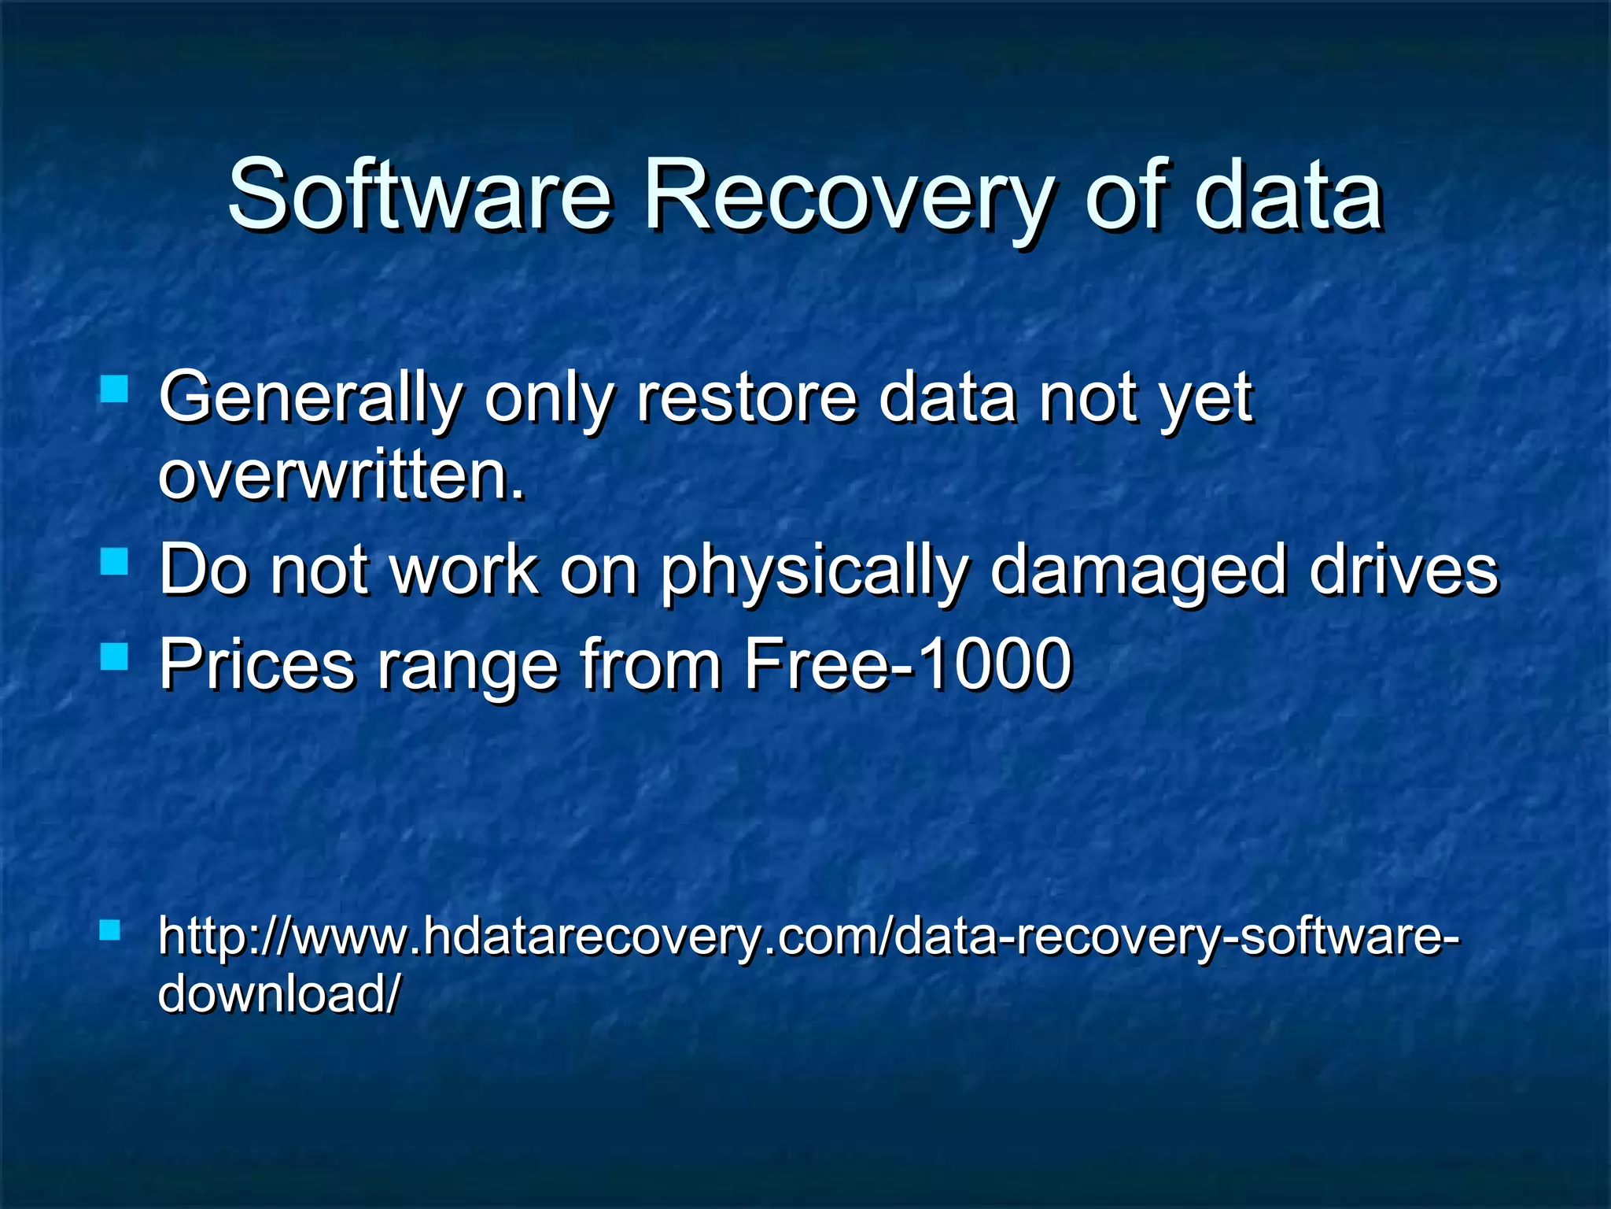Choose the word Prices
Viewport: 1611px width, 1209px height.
257,665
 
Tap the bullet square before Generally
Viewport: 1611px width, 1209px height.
114,389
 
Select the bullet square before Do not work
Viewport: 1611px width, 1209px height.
114,562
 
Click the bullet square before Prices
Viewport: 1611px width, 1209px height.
114,656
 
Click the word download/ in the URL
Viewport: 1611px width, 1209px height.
279,993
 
